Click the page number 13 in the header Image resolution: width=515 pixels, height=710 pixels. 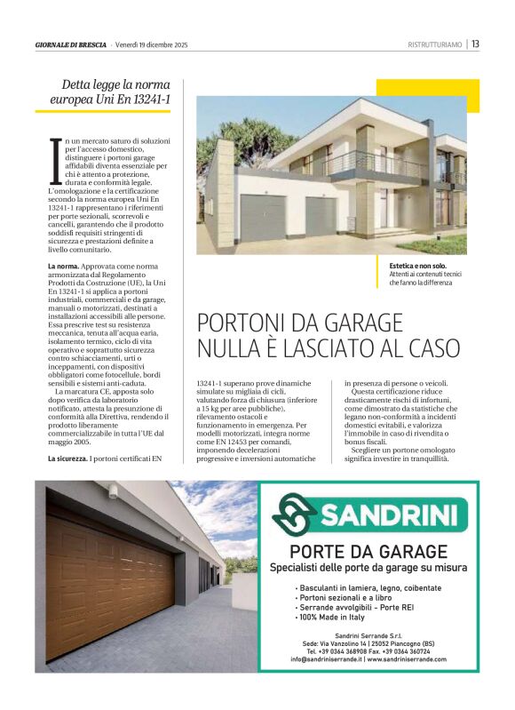point(475,44)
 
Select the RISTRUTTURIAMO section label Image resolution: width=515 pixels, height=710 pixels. point(434,44)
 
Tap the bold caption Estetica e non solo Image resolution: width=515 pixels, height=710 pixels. point(417,266)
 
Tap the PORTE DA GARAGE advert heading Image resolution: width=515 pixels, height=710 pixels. point(368,551)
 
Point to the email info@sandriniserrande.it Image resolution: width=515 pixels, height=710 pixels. point(325,659)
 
